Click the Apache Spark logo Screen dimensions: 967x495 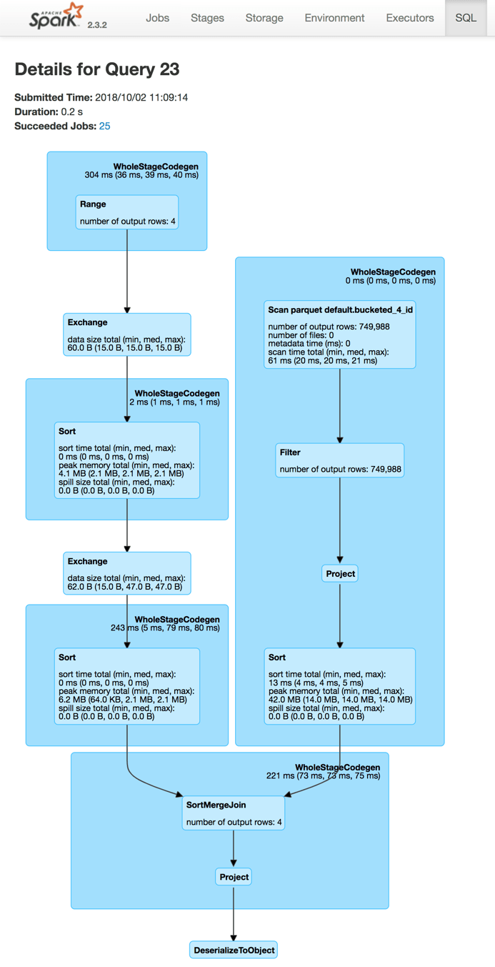[x=56, y=16]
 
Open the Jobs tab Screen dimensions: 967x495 [x=157, y=18]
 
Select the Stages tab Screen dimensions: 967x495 [x=207, y=18]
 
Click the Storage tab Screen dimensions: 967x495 [x=264, y=18]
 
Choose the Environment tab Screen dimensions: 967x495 [x=334, y=18]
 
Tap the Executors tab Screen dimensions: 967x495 [x=409, y=18]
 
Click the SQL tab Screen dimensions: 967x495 [x=466, y=18]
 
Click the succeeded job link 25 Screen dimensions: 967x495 [x=105, y=126]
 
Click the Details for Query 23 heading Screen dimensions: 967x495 [x=97, y=69]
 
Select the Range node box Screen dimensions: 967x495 [x=127, y=212]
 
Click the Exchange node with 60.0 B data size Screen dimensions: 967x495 [x=127, y=334]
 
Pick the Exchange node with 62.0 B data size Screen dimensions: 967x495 [x=127, y=573]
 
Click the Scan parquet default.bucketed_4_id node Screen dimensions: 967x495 [x=340, y=334]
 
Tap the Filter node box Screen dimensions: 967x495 [x=340, y=460]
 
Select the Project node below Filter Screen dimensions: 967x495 [x=340, y=573]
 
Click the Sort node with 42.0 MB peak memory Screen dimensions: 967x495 [x=340, y=686]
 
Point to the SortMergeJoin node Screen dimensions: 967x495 [x=234, y=813]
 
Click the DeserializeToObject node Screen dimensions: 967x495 [x=234, y=950]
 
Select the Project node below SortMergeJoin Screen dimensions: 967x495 [x=234, y=876]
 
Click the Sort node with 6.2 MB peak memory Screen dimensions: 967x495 [x=127, y=686]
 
